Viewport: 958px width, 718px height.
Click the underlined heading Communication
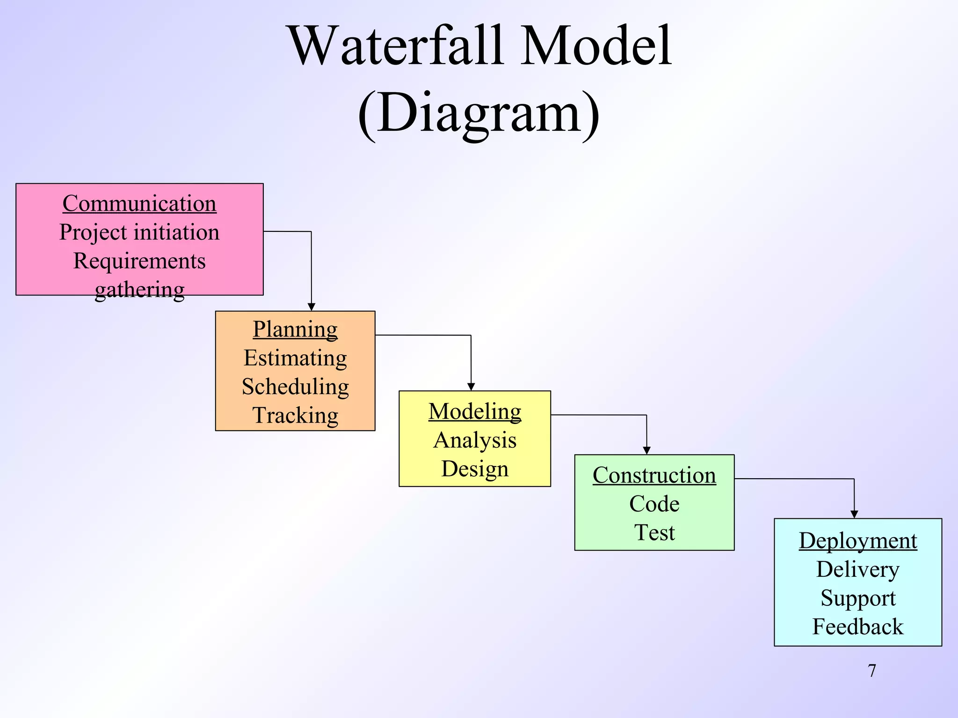tap(139, 204)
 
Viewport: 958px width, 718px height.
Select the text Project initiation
tap(139, 232)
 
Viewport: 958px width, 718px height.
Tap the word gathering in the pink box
tap(139, 290)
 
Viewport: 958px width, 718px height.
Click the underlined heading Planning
tap(295, 329)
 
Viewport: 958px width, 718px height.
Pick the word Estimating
tap(295, 358)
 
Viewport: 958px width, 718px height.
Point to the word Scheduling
tap(295, 387)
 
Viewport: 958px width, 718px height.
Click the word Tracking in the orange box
tap(295, 415)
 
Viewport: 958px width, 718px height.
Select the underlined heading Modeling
tap(475, 411)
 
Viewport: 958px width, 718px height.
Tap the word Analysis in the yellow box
tap(475, 440)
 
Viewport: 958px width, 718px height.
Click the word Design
tap(475, 469)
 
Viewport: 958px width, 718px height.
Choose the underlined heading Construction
tap(654, 475)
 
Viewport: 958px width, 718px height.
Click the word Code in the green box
tap(654, 504)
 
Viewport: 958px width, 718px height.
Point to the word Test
tap(654, 532)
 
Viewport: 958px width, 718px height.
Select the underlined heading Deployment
tap(857, 541)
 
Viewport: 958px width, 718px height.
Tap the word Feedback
tap(857, 627)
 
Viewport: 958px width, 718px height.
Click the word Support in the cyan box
tap(857, 598)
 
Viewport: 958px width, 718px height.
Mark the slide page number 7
tap(872, 671)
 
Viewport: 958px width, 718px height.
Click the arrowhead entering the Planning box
tap(312, 307)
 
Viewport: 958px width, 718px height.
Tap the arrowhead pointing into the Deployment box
tap(854, 514)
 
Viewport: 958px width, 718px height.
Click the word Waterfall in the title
tap(396, 47)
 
